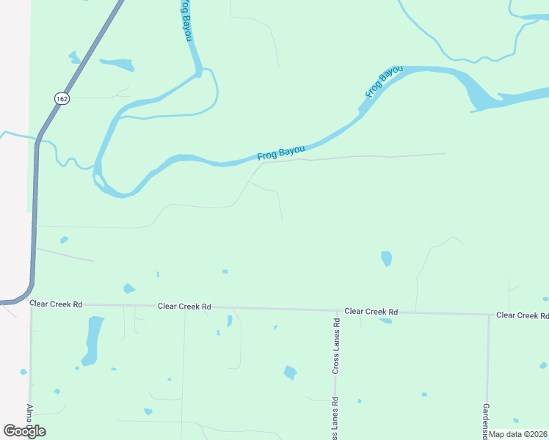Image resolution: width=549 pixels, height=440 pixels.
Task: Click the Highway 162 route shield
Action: [x=62, y=98]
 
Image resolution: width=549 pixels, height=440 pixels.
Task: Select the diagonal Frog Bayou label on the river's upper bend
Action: [x=384, y=81]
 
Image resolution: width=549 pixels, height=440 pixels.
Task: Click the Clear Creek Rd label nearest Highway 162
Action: [x=56, y=303]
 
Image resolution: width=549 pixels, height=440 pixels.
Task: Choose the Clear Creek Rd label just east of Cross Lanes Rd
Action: [x=371, y=311]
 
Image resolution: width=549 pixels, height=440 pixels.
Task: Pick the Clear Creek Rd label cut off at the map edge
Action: [x=522, y=315]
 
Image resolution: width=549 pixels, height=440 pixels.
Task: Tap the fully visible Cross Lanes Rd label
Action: [x=335, y=347]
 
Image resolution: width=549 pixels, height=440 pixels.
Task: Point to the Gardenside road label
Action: [x=486, y=419]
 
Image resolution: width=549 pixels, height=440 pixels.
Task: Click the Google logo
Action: [x=24, y=430]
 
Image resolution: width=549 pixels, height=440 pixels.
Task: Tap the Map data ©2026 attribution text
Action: [x=517, y=434]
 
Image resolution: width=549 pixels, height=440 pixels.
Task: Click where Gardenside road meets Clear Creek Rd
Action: [x=489, y=315]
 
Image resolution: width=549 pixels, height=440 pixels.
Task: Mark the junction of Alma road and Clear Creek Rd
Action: [x=31, y=302]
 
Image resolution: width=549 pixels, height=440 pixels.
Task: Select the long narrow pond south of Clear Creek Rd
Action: [x=92, y=340]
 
